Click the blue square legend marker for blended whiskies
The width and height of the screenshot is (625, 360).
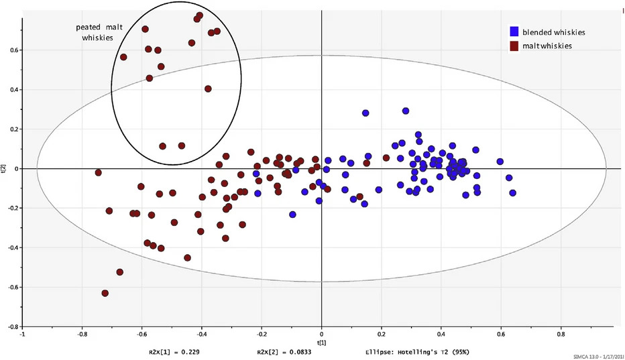point(514,31)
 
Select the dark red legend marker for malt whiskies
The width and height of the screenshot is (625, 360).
point(514,46)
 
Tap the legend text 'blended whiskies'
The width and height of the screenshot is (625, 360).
point(554,32)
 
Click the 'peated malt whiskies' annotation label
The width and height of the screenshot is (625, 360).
point(98,33)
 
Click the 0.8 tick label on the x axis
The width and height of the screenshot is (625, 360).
point(561,333)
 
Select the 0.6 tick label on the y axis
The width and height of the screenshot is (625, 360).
point(12,50)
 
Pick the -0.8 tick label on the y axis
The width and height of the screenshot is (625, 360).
point(11,326)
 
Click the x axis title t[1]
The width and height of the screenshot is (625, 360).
point(322,341)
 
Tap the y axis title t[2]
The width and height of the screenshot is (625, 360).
point(5,170)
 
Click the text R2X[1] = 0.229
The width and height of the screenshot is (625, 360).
point(174,351)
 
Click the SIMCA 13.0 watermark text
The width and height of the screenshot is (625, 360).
point(598,356)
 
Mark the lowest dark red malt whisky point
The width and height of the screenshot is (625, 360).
point(105,294)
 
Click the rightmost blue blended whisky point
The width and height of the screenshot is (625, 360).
point(513,193)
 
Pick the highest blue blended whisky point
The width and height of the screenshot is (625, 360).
point(406,111)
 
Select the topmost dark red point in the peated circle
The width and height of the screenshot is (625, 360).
point(199,15)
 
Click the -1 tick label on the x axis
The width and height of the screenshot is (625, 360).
point(23,333)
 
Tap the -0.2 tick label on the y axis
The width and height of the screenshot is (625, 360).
point(11,208)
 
